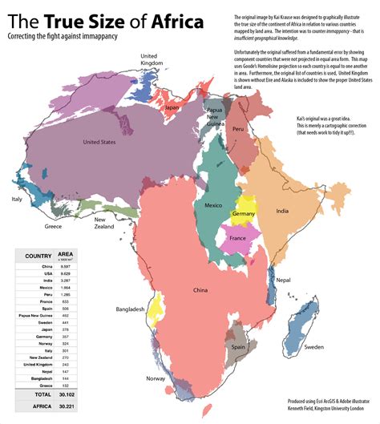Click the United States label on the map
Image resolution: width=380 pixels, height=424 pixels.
pyautogui.click(x=99, y=143)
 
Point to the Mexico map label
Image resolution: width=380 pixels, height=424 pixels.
pyautogui.click(x=213, y=206)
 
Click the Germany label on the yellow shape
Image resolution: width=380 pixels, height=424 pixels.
pyautogui.click(x=244, y=215)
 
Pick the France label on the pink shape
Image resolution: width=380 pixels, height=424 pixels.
pyautogui.click(x=238, y=239)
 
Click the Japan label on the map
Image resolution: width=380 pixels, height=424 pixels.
pyautogui.click(x=172, y=107)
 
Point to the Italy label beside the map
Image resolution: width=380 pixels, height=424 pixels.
pyautogui.click(x=16, y=199)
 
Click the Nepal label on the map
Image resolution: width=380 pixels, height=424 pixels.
pyautogui.click(x=284, y=281)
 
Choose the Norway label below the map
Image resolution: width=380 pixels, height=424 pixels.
pyautogui.click(x=156, y=378)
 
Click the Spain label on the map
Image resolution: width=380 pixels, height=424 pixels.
pyautogui.click(x=239, y=346)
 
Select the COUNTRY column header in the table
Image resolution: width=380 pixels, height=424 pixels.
pyautogui.click(x=38, y=256)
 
